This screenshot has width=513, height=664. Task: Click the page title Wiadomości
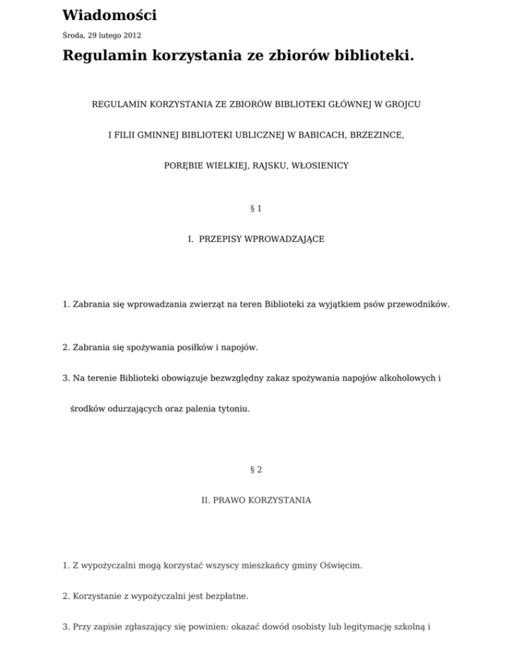pos(110,15)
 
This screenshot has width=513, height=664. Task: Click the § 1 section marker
pos(256,208)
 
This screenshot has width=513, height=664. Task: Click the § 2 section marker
pos(256,470)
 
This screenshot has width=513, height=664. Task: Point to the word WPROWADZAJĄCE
pos(281,238)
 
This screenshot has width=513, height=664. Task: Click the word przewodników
pos(420,305)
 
